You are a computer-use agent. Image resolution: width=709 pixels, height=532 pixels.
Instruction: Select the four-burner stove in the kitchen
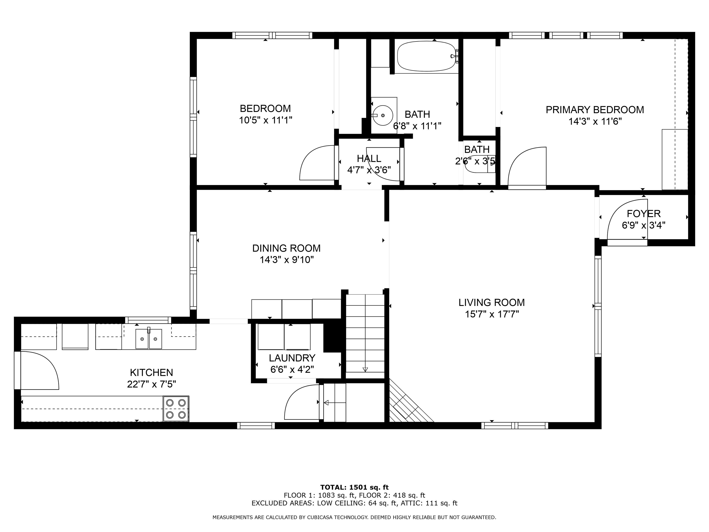(x=176, y=409)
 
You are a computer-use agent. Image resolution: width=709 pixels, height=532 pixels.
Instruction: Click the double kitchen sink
(x=148, y=339)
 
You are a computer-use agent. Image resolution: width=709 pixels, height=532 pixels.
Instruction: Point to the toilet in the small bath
(x=478, y=164)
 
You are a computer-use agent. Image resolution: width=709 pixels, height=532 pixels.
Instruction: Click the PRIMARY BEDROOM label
(x=595, y=110)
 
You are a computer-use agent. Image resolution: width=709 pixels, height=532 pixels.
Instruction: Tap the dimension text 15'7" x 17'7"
(x=492, y=314)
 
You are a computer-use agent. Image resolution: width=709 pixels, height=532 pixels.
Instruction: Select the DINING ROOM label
(x=286, y=248)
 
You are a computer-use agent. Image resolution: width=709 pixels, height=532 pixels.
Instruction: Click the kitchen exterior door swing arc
(x=42, y=369)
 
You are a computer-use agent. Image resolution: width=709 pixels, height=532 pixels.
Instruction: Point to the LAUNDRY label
(x=292, y=358)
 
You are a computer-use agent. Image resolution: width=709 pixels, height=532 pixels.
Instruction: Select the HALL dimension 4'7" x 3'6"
(x=369, y=170)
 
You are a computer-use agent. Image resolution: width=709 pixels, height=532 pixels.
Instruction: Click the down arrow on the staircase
(x=365, y=369)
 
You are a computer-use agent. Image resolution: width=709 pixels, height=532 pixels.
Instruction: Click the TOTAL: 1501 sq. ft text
(x=354, y=488)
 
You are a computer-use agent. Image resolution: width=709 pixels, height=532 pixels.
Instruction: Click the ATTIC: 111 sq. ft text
(x=441, y=503)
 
